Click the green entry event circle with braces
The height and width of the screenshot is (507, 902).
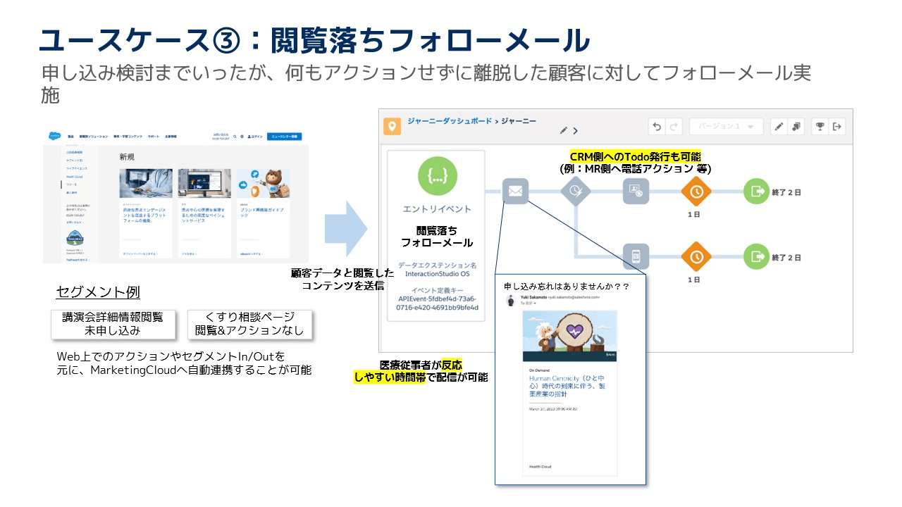437,176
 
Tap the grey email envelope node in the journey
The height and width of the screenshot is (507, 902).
515,191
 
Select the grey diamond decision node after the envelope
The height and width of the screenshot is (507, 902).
575,191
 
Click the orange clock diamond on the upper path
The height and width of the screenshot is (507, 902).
696,191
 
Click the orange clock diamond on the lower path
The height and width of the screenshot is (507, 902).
696,256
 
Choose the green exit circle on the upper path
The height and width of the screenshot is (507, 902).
756,191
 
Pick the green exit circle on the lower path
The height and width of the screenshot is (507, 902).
756,256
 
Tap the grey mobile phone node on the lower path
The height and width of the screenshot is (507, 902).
636,256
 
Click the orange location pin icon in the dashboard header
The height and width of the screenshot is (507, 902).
392,127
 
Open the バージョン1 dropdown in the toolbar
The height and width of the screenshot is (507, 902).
726,127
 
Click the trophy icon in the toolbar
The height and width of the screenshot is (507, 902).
820,127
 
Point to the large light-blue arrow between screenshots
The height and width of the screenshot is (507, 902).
346,228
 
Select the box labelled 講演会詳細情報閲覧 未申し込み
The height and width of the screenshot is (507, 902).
113,324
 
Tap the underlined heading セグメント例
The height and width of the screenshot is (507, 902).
89,292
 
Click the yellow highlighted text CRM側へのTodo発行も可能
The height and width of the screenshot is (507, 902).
635,156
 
